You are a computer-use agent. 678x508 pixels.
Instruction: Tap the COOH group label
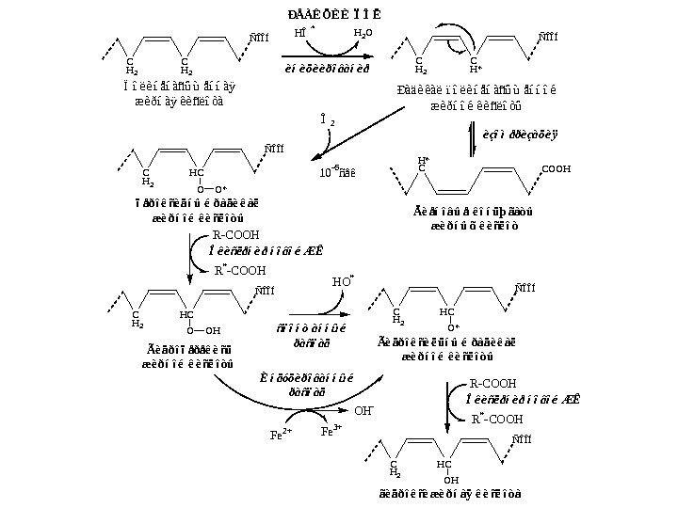tap(555, 168)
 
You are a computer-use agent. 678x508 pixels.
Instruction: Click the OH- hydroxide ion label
tap(363, 410)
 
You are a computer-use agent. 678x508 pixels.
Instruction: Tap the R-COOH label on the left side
tap(234, 234)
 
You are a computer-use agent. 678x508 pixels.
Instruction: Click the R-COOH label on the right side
tap(492, 384)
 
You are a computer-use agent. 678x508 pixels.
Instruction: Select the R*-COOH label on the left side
tap(240, 271)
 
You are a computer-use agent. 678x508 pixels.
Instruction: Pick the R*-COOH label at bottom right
tap(496, 419)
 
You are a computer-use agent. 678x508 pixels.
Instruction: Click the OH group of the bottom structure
tap(450, 481)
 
